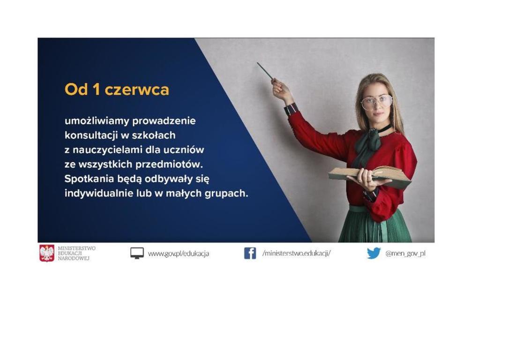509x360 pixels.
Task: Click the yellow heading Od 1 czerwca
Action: (x=117, y=89)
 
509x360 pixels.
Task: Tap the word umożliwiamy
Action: (x=97, y=121)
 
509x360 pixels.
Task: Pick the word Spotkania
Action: (x=89, y=179)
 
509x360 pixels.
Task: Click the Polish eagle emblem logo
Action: (x=47, y=253)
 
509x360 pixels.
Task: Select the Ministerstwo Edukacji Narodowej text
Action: (x=76, y=253)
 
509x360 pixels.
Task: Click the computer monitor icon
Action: (x=137, y=253)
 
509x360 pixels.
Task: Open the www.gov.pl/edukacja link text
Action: (x=179, y=254)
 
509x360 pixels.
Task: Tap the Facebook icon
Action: (x=250, y=253)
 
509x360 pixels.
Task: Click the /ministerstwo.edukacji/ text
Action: (x=296, y=253)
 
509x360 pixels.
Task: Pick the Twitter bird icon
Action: (x=374, y=253)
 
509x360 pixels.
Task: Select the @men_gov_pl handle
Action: (x=405, y=254)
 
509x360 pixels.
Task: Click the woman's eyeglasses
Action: (x=376, y=102)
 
